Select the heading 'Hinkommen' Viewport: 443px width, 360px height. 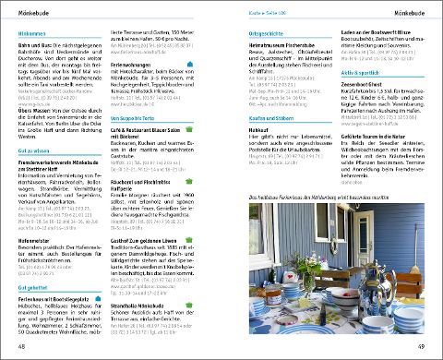32,32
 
